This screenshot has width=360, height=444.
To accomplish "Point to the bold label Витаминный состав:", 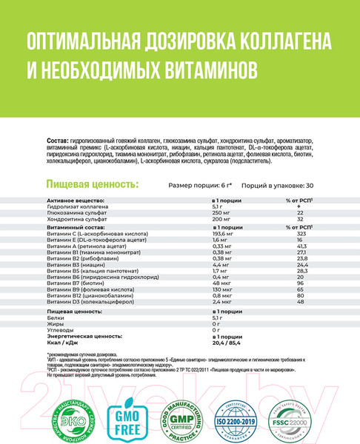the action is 75,226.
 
